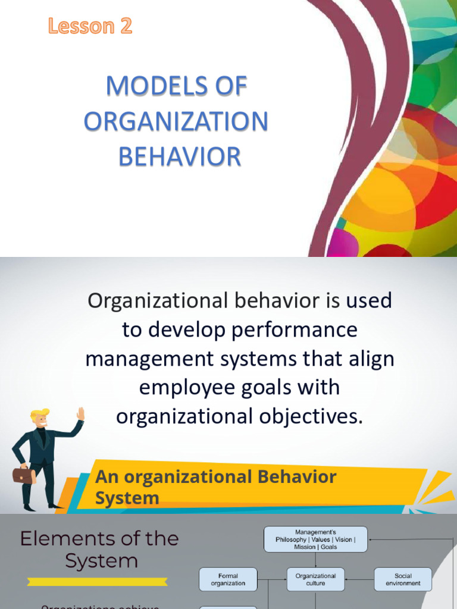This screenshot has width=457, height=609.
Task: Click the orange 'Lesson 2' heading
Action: point(90,26)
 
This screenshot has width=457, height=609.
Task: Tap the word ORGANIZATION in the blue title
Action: point(176,122)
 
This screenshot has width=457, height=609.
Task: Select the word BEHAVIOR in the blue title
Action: point(179,157)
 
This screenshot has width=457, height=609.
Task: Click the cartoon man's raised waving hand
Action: point(80,415)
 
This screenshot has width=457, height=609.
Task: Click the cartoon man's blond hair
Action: point(40,413)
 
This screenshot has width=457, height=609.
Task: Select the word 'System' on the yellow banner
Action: point(127,498)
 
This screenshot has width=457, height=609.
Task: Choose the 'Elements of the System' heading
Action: point(99,550)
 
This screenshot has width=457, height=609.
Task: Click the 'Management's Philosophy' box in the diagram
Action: point(316,539)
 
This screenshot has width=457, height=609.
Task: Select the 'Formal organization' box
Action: point(228,579)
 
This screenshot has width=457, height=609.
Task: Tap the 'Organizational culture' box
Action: point(315,579)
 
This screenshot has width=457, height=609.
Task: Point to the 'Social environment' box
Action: point(403,579)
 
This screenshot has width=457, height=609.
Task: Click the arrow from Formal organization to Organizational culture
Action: point(272,579)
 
